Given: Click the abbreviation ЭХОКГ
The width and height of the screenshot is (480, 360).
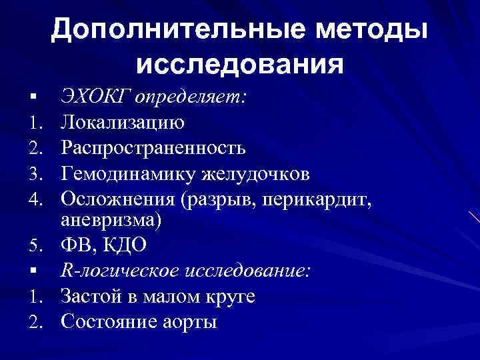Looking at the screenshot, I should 94,99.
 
